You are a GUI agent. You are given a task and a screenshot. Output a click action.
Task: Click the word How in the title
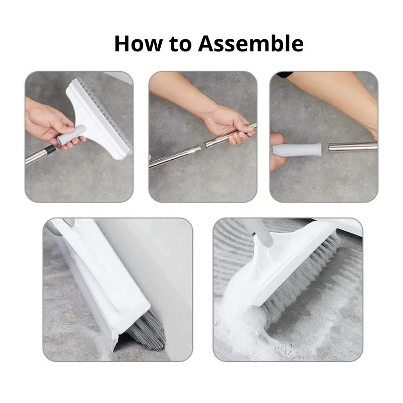click(x=138, y=43)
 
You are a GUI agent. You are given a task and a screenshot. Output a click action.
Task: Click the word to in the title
click(x=180, y=44)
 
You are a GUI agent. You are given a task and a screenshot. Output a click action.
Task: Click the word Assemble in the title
click(x=250, y=43)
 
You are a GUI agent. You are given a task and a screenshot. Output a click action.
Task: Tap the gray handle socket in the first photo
click(x=71, y=135)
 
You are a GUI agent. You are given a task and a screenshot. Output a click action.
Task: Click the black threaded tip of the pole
click(x=51, y=149)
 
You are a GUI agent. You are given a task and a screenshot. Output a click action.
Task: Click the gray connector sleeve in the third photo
click(x=296, y=149)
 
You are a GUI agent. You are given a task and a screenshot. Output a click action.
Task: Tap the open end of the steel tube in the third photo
click(x=330, y=148)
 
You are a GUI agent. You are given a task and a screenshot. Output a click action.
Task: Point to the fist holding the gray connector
click(x=278, y=152)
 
